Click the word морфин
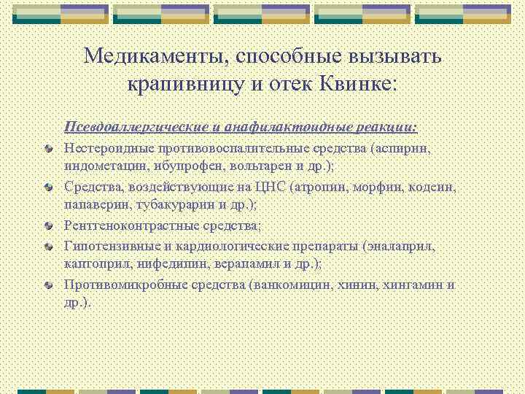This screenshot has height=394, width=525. pyautogui.click(x=372, y=187)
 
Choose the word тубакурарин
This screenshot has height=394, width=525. pyautogui.click(x=162, y=204)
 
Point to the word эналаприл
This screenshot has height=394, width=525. pyautogui.click(x=405, y=246)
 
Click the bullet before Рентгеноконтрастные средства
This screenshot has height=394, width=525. pyautogui.click(x=47, y=226)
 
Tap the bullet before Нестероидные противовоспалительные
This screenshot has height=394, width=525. pyautogui.click(x=47, y=149)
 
